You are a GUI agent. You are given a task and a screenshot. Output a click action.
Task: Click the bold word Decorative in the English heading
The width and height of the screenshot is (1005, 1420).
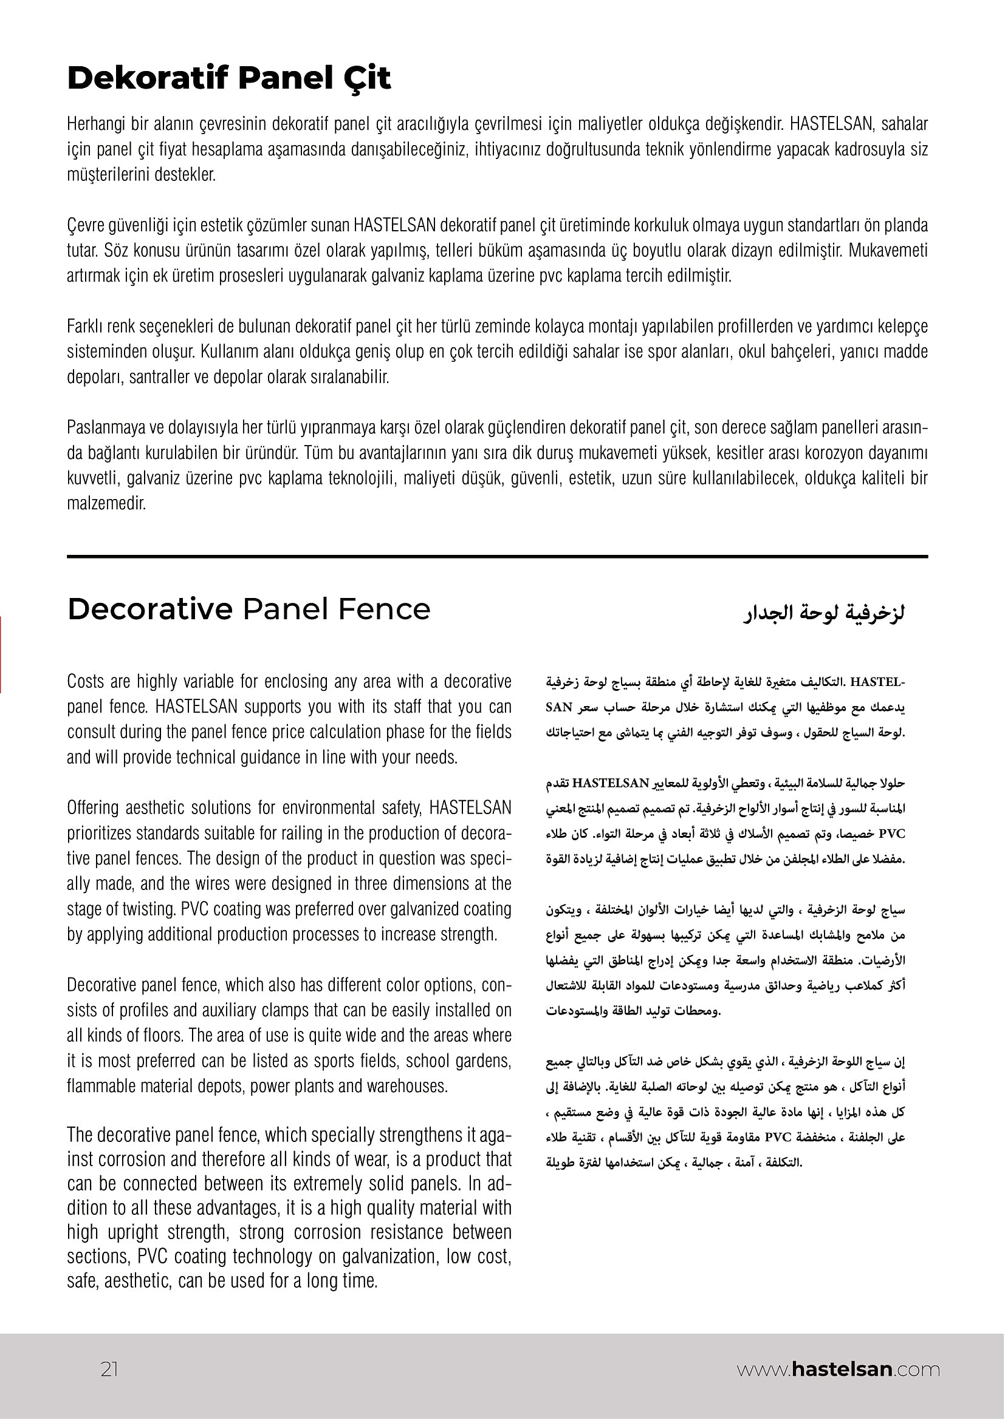point(149,609)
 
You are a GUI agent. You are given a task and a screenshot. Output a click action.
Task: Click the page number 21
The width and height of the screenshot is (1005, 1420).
point(109,1369)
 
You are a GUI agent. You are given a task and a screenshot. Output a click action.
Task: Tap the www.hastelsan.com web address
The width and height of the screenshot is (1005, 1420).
point(838,1369)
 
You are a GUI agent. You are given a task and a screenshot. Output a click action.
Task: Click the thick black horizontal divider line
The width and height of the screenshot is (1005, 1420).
point(497,557)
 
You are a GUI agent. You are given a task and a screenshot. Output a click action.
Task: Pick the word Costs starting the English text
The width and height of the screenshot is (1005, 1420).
point(86,682)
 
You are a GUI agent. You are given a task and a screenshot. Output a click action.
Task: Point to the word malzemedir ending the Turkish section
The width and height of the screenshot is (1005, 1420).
point(106,503)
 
